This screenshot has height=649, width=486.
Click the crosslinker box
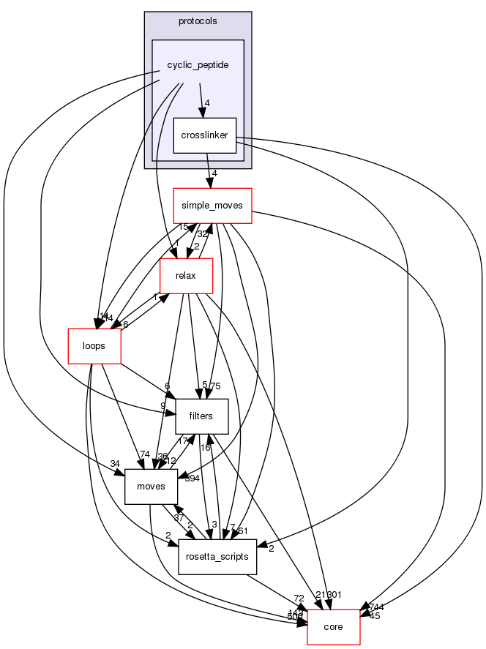pyautogui.click(x=204, y=135)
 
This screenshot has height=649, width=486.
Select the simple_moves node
pyautogui.click(x=212, y=206)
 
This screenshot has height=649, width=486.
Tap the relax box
pyautogui.click(x=187, y=277)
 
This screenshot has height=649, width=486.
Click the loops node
pyautogui.click(x=94, y=345)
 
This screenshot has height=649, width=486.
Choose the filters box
pyautogui.click(x=201, y=416)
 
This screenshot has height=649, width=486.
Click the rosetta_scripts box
pyautogui.click(x=217, y=557)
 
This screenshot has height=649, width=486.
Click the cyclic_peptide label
pyautogui.click(x=198, y=65)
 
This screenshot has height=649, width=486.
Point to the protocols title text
pyautogui.click(x=198, y=20)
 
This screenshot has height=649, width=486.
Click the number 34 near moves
pyautogui.click(x=115, y=463)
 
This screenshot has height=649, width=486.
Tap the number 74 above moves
pyautogui.click(x=145, y=454)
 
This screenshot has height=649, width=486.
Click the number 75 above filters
pyautogui.click(x=215, y=386)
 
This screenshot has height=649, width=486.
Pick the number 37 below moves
pyautogui.click(x=157, y=518)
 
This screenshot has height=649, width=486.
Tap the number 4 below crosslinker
pyautogui.click(x=214, y=173)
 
